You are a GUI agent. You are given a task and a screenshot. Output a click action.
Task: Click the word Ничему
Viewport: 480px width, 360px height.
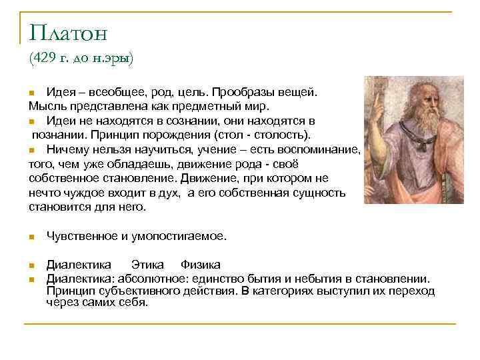click(x=65, y=150)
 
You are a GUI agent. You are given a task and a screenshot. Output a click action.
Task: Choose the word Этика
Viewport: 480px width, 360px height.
click(x=147, y=265)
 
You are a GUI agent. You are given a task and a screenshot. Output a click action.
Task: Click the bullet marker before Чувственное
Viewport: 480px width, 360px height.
click(x=31, y=237)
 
